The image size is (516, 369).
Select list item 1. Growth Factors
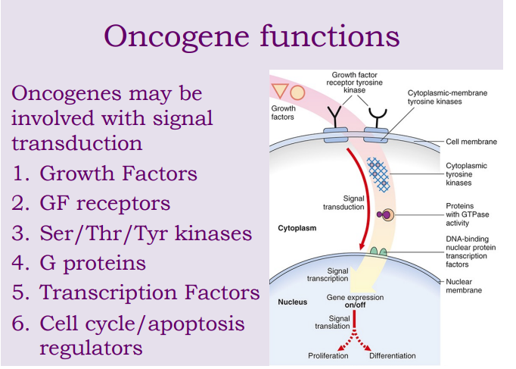[x=105, y=174]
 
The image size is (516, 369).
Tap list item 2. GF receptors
[x=92, y=203]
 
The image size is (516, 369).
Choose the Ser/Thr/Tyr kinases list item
[x=132, y=233]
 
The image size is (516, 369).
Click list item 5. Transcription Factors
[x=136, y=292]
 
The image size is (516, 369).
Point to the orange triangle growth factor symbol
[x=280, y=92]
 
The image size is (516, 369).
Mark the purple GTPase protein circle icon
[x=388, y=215]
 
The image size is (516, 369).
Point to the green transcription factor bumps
[x=378, y=251]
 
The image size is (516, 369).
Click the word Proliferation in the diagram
[x=328, y=355]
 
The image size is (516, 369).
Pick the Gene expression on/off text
[x=354, y=302]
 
